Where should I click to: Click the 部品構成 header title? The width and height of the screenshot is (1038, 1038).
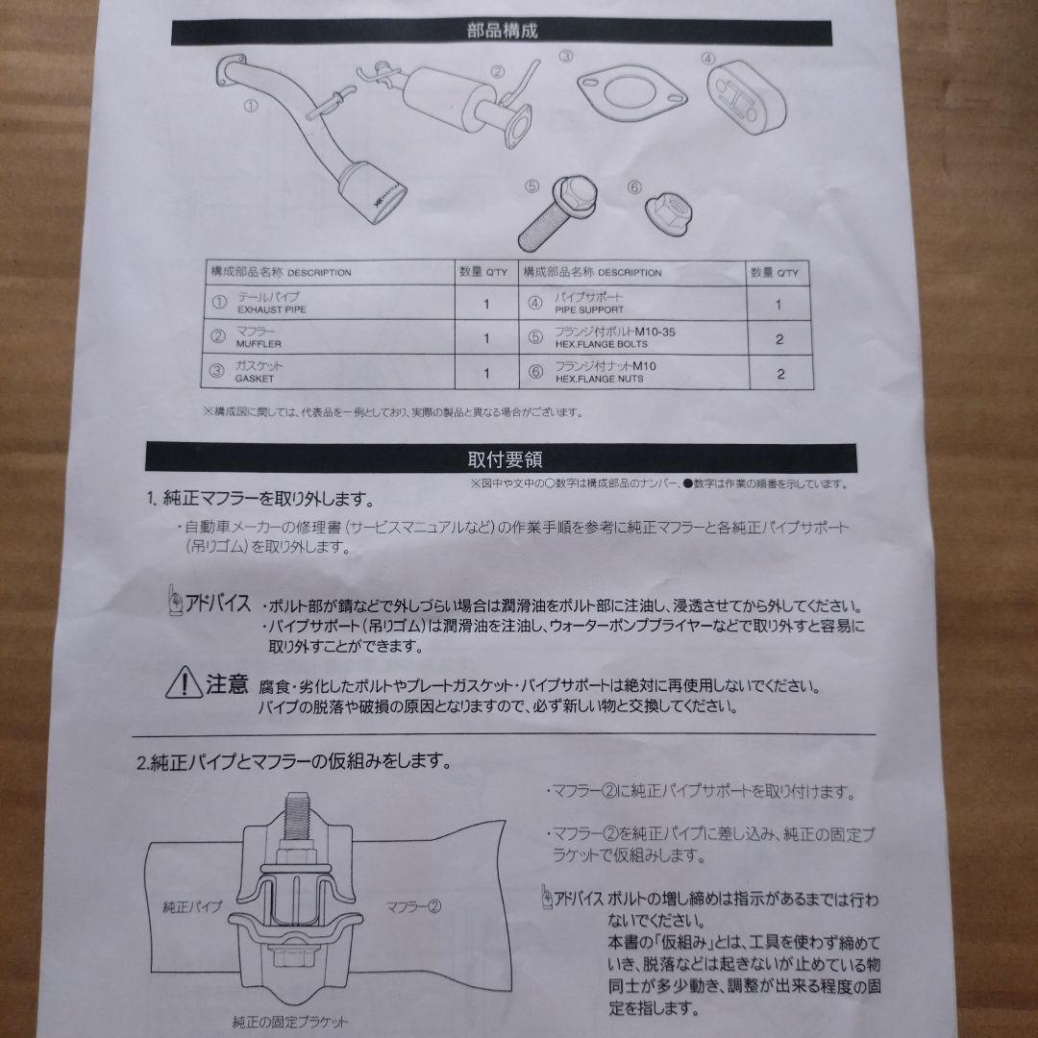click(503, 31)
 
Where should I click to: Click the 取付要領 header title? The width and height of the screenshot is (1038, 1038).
click(506, 458)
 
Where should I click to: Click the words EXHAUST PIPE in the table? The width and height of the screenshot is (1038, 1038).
click(271, 309)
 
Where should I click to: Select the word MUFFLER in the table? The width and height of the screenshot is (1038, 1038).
click(259, 344)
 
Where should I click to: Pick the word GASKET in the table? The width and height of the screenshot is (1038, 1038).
click(254, 379)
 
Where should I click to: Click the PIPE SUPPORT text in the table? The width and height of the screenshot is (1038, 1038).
click(588, 309)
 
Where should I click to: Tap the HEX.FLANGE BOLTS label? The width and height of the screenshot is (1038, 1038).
click(601, 344)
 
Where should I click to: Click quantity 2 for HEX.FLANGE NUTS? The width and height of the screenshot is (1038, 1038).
click(780, 374)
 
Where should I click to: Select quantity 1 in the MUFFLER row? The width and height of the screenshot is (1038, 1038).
click(486, 338)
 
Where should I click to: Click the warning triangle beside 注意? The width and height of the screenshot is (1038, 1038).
click(184, 682)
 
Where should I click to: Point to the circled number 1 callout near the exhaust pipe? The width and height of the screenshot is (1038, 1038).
click(251, 106)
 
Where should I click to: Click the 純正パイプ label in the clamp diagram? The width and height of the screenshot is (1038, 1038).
click(191, 906)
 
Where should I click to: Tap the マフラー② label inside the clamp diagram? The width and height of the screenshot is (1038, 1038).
click(413, 906)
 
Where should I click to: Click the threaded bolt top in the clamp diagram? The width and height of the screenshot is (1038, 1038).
click(297, 815)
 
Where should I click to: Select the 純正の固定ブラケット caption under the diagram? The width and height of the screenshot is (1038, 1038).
click(290, 1023)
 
